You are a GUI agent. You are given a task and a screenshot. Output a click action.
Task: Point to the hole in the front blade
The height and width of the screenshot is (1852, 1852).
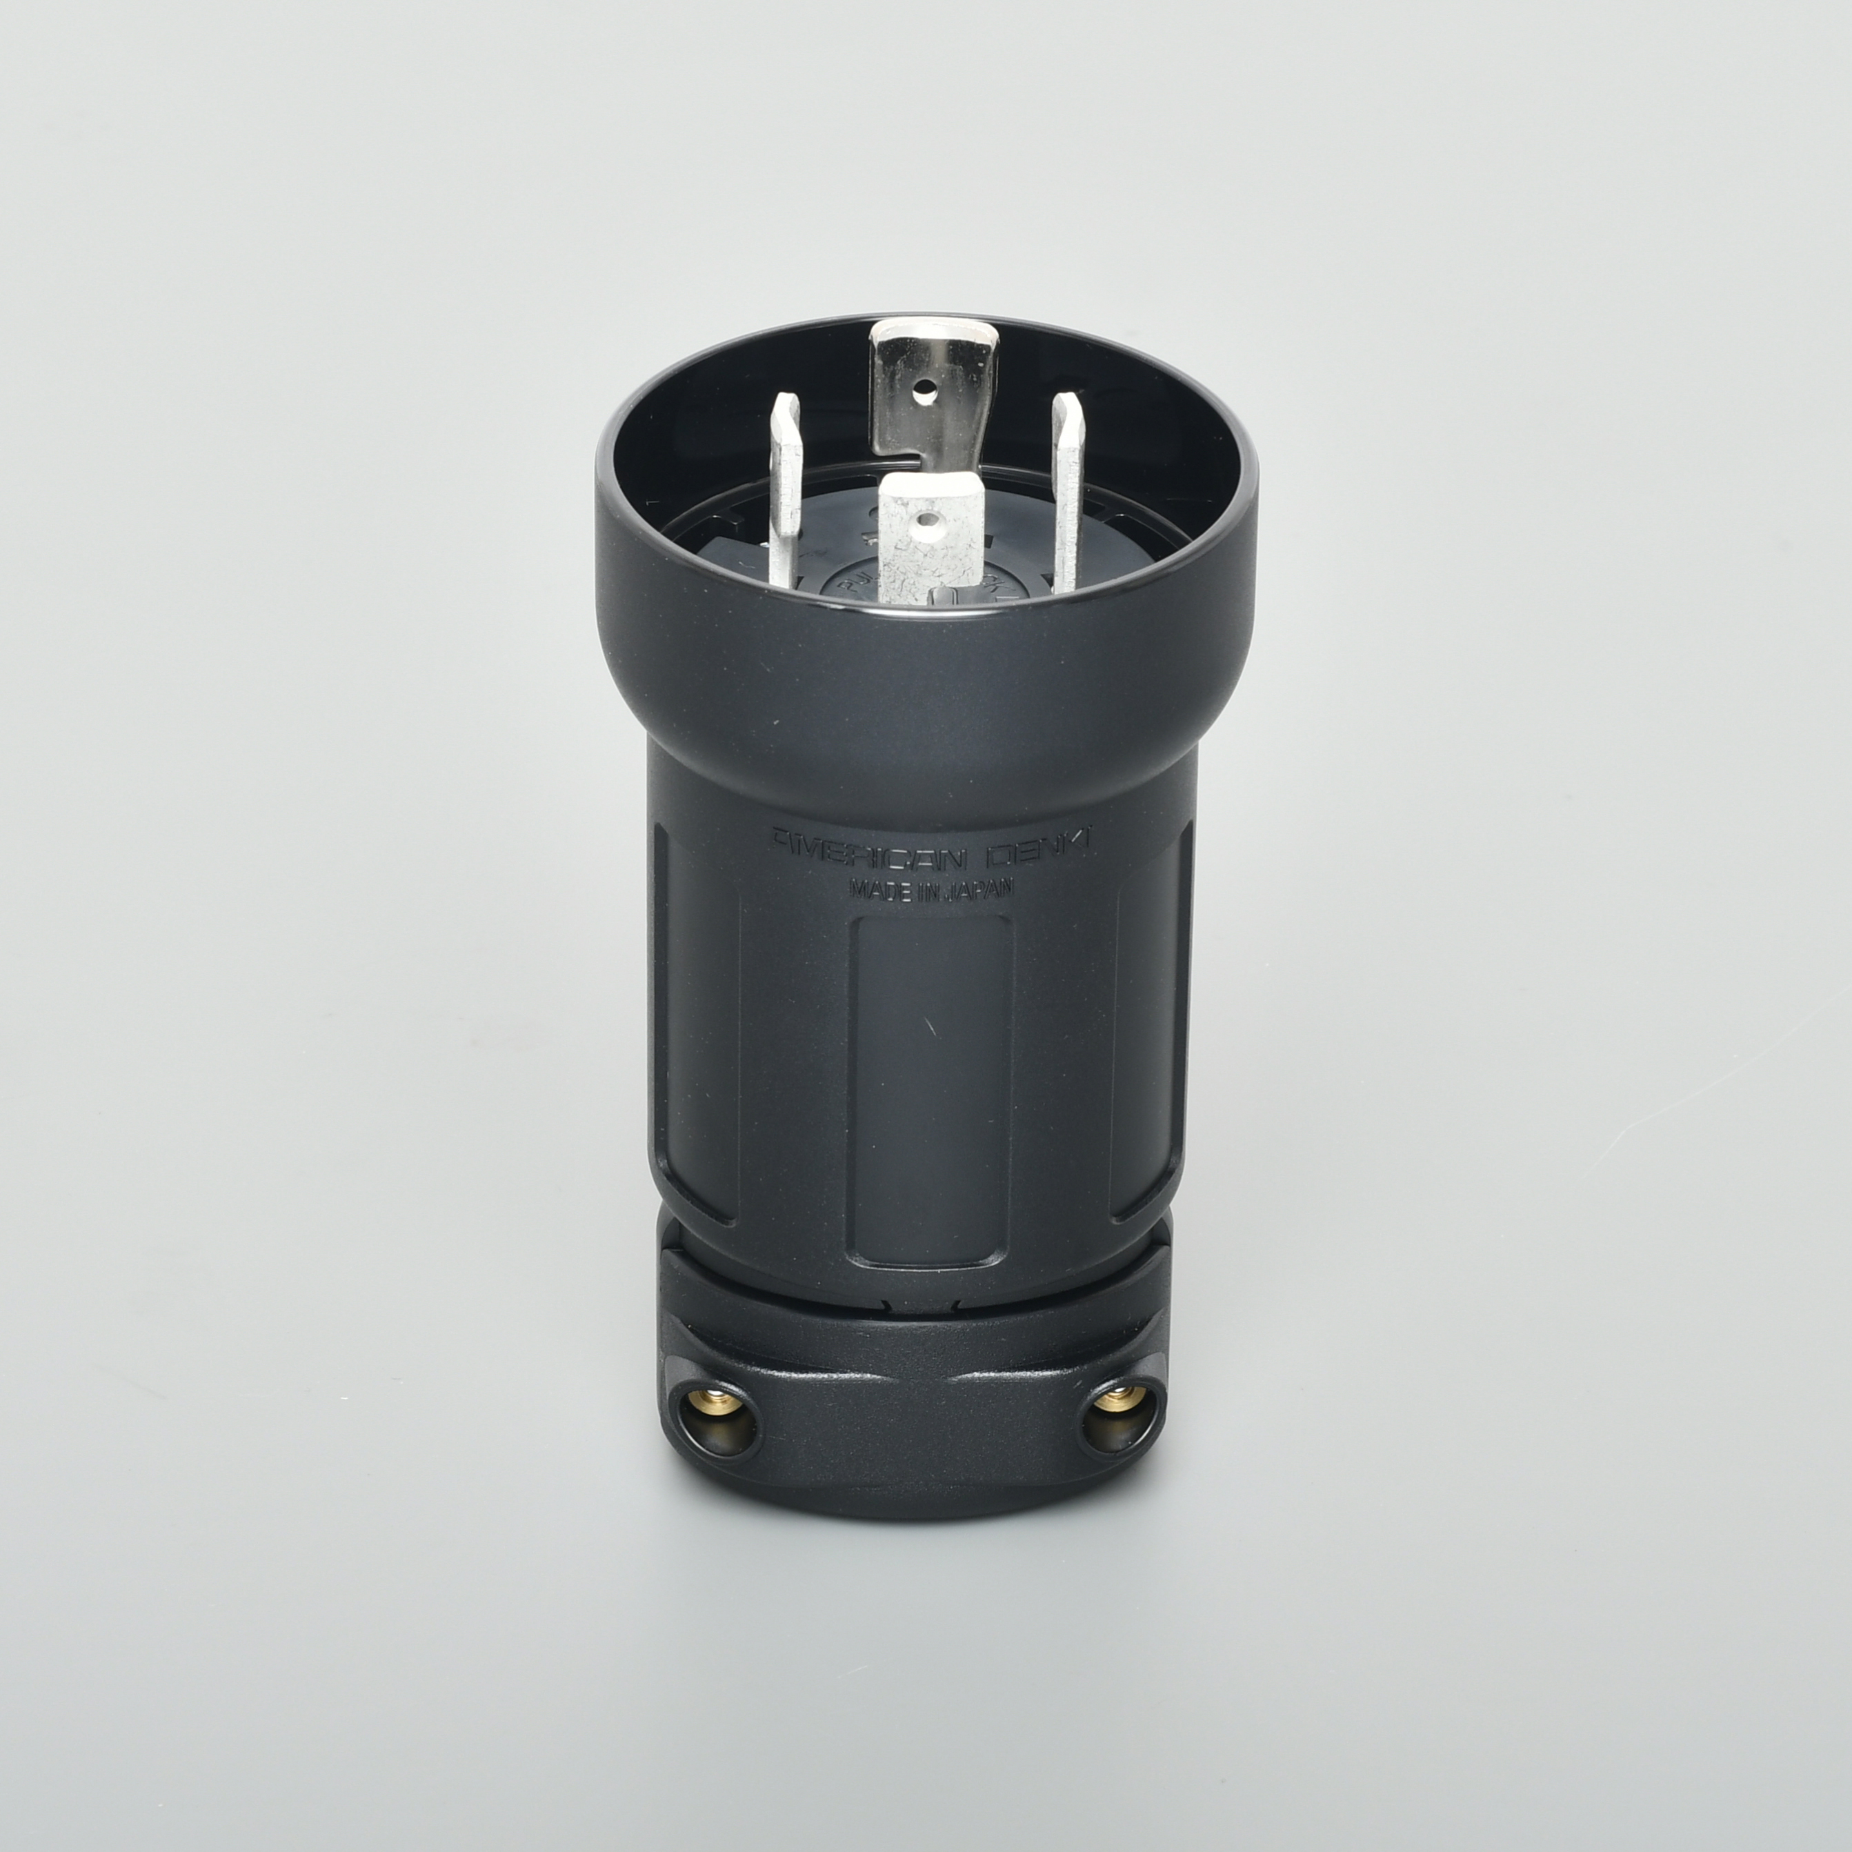[922, 522]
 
